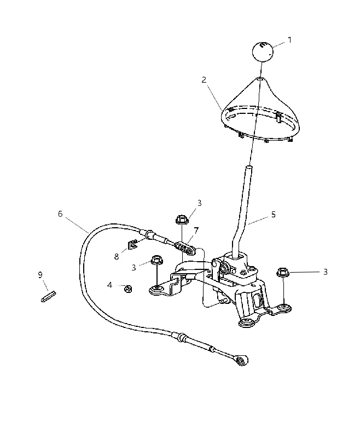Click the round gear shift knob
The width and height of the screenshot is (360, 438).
tap(263, 51)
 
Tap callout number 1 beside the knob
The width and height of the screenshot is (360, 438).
tap(289, 40)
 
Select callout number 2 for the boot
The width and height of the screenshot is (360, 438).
tap(204, 80)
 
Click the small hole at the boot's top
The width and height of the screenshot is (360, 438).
tap(259, 79)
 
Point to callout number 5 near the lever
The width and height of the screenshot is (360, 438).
tap(273, 215)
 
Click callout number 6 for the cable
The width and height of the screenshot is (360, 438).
tap(60, 214)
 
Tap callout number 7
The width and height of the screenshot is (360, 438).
tap(196, 230)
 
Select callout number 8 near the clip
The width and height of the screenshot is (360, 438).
tap(117, 256)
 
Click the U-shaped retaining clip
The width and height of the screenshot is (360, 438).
tap(132, 244)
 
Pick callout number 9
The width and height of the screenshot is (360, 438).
tap(40, 275)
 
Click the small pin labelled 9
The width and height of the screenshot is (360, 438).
tap(49, 296)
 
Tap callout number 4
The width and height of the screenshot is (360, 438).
tap(109, 285)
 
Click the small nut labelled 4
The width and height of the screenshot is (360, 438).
tap(128, 289)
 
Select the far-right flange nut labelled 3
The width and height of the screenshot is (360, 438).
tap(282, 272)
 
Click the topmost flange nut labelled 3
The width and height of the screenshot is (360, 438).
tap(182, 219)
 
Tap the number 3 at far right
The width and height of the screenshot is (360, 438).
tap(325, 272)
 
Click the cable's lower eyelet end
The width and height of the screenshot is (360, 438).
tap(242, 361)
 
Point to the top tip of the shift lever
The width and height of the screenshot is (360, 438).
tap(249, 167)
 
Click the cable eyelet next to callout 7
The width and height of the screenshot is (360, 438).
tap(191, 252)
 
